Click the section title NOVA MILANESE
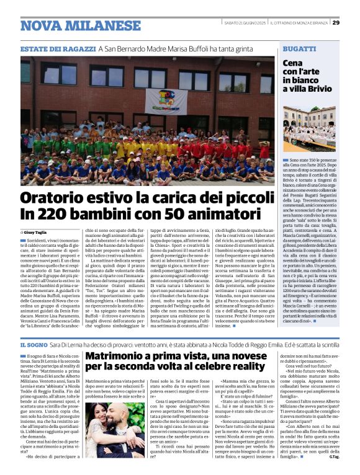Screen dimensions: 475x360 pos(81,25)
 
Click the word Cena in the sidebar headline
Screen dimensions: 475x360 pos(294,63)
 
